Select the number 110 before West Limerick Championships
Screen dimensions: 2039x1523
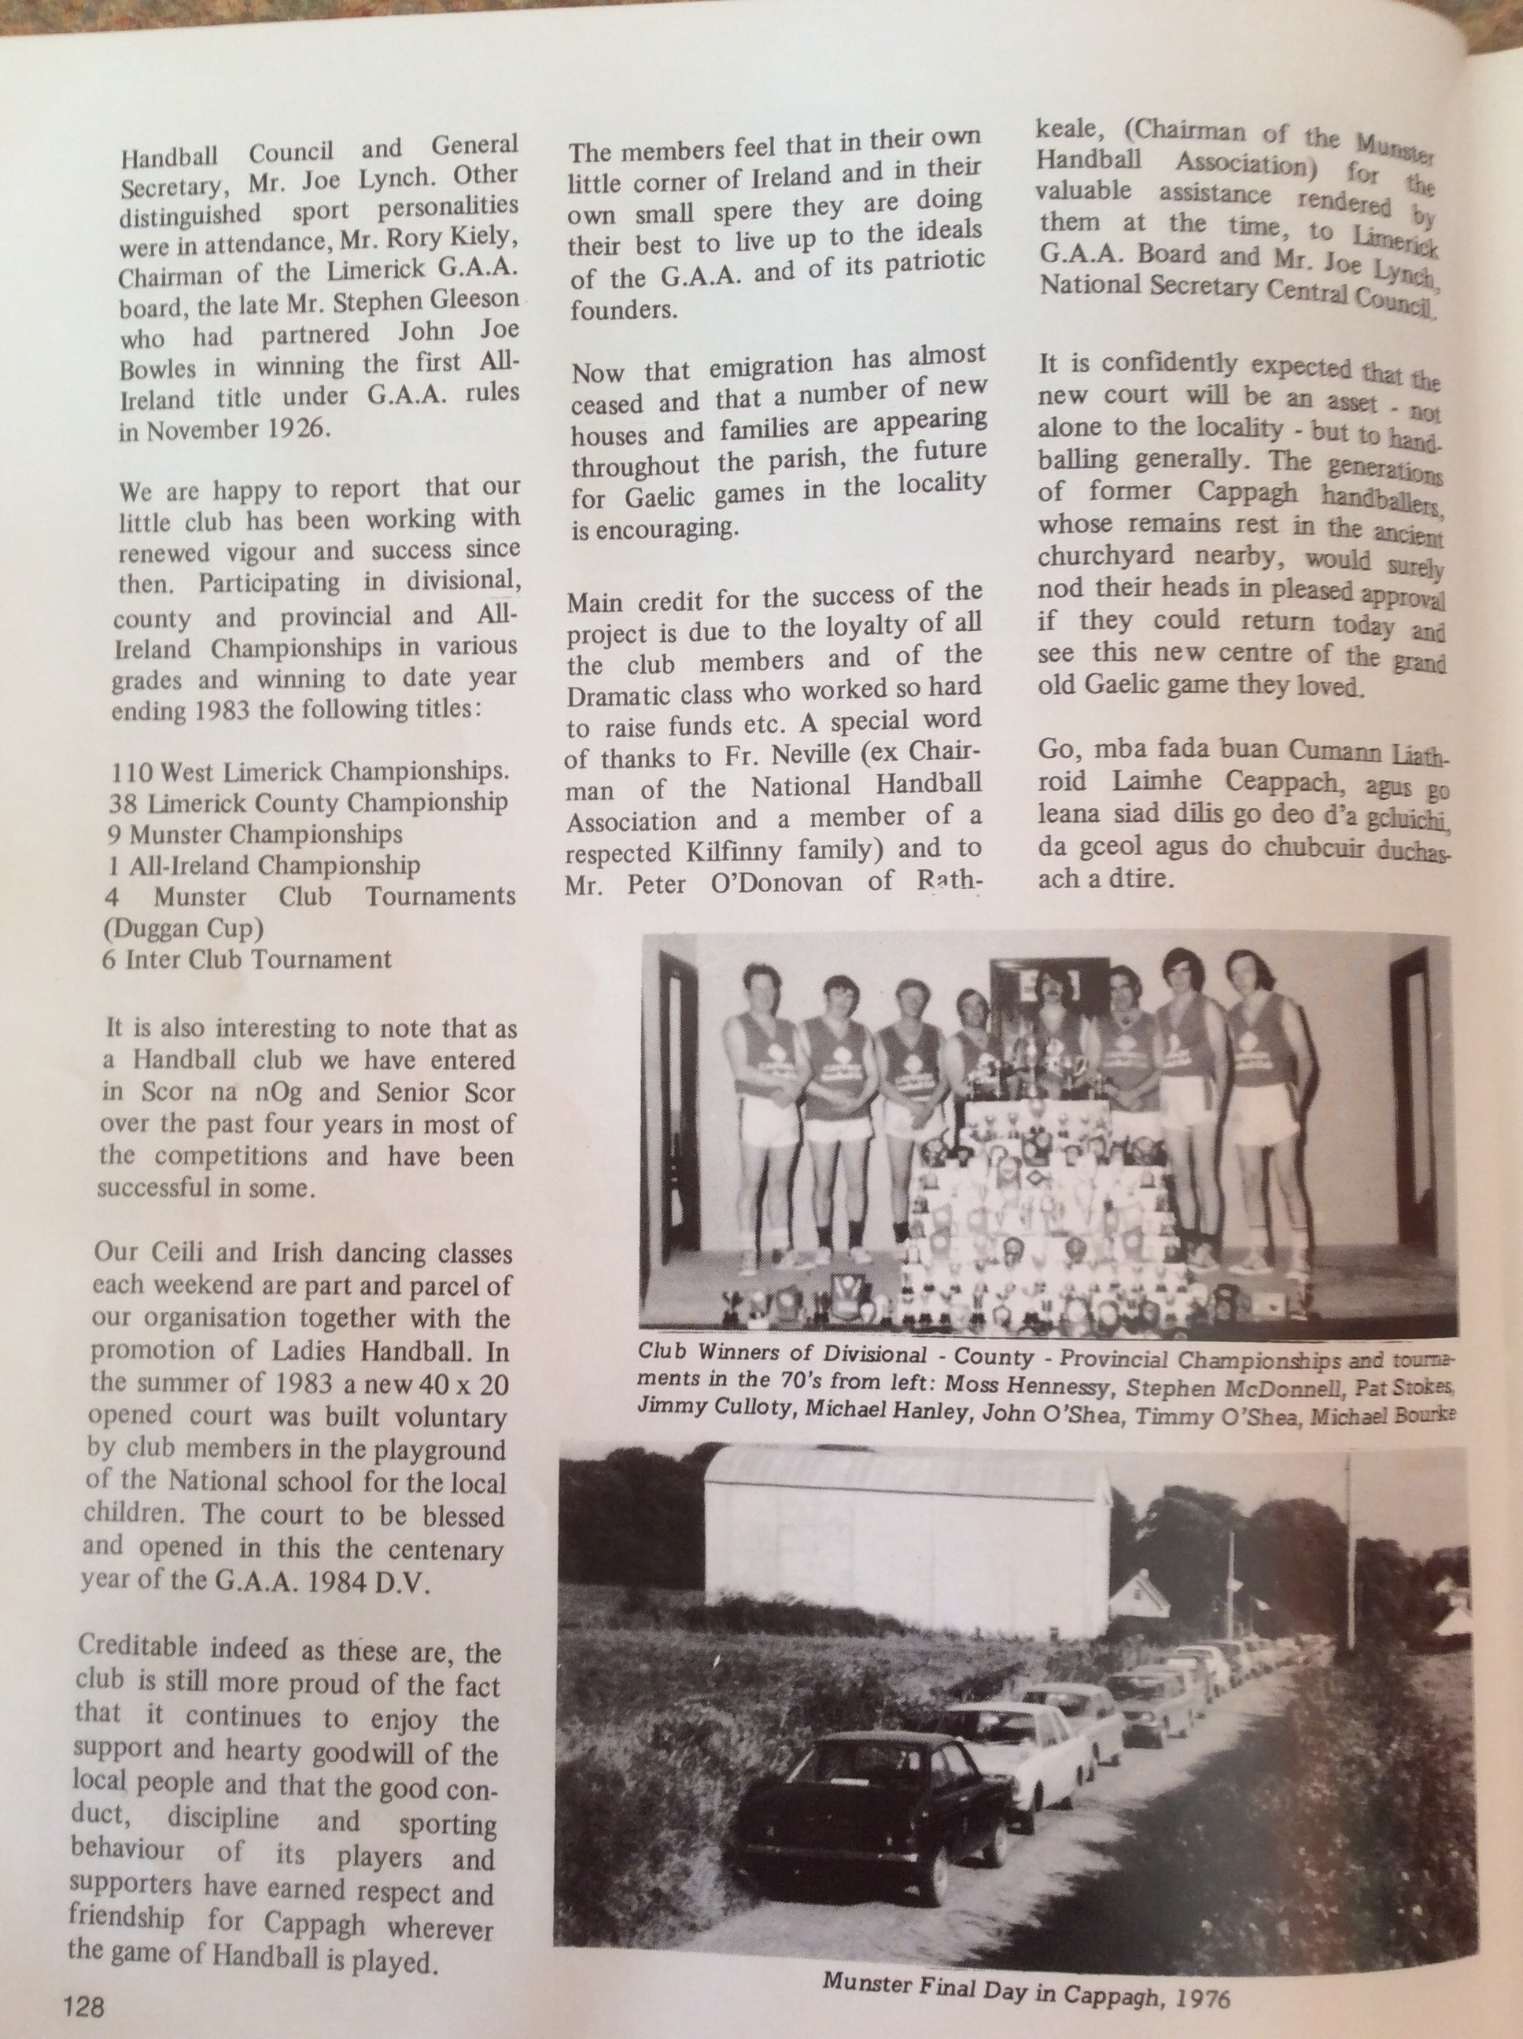coord(130,771)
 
